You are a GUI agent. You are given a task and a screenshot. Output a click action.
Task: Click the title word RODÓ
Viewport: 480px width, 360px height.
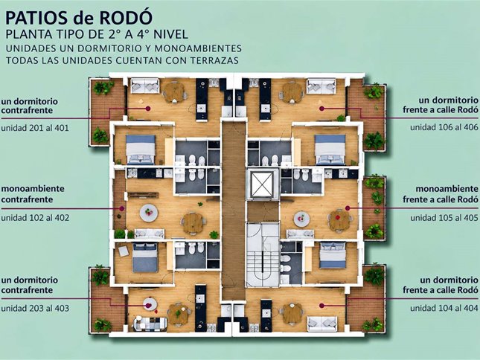tap(126, 18)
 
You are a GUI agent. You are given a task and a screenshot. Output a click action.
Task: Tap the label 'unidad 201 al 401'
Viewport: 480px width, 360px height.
tap(35, 127)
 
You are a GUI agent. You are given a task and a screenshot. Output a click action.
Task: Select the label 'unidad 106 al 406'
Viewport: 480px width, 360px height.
tap(444, 127)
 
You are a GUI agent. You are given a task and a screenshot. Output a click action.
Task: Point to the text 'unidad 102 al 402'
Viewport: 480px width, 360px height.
tap(35, 218)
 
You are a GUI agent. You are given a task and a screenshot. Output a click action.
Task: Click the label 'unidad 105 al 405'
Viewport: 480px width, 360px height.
tap(444, 218)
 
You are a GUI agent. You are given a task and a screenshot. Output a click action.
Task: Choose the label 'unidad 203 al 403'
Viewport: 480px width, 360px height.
tap(35, 308)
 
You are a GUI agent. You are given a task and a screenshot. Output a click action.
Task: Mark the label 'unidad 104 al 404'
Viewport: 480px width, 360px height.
tap(444, 308)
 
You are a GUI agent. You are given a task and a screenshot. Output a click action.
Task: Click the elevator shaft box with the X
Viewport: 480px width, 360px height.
tap(262, 184)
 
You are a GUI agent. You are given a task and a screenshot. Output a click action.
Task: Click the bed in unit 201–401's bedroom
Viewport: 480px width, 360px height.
tap(141, 150)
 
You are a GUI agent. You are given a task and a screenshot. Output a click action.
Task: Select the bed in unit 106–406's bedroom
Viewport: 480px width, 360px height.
tap(330, 150)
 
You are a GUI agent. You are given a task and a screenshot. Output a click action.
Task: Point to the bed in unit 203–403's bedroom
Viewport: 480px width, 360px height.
tap(145, 257)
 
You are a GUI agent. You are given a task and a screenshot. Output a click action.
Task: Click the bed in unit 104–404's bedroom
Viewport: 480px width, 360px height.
tap(333, 255)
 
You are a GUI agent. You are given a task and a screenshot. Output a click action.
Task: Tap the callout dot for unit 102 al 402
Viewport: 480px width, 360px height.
tap(122, 208)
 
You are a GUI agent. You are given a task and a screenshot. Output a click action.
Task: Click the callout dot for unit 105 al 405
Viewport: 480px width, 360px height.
tap(348, 208)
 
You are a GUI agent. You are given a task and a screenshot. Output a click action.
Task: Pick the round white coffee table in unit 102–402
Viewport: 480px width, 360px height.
tap(149, 212)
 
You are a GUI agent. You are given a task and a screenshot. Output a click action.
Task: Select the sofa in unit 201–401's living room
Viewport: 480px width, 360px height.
tap(145, 86)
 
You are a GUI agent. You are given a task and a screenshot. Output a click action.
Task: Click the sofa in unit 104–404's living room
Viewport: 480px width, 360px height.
tap(321, 324)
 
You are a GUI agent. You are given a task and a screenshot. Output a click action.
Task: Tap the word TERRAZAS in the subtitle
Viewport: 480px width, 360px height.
tap(214, 60)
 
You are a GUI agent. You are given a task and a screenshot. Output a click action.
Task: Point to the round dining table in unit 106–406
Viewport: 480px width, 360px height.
tap(292, 91)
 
